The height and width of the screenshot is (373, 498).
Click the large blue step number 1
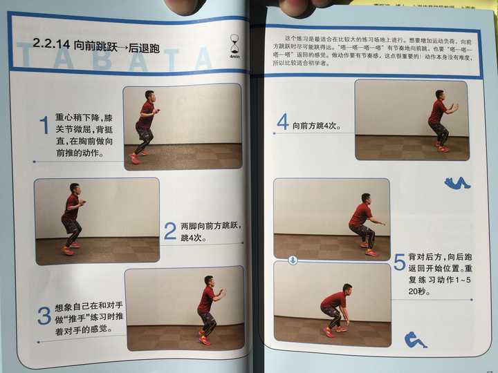click(44, 126)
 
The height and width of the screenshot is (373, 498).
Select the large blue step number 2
click(169, 231)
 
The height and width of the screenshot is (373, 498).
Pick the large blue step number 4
click(282, 123)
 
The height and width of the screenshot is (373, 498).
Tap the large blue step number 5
click(399, 262)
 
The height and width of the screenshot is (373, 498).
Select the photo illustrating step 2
click(97, 221)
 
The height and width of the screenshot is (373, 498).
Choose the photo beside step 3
click(184, 309)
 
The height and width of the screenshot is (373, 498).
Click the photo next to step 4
click(411, 119)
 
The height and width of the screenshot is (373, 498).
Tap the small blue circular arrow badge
click(293, 260)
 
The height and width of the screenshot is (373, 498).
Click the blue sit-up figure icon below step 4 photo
click(456, 182)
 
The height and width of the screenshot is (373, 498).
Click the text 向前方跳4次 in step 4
click(315, 126)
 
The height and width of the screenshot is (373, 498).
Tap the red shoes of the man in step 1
click(137, 157)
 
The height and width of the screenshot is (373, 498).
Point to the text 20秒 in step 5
click(418, 292)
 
